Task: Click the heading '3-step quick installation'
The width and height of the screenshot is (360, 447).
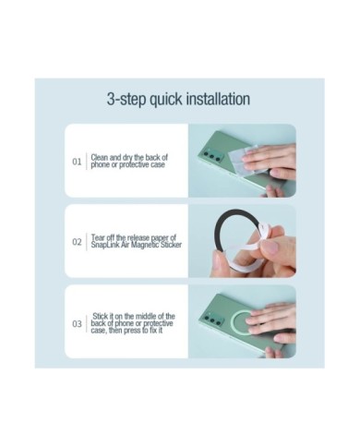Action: click(178, 100)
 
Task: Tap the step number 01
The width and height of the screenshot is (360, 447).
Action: click(77, 162)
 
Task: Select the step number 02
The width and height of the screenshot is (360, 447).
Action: click(77, 242)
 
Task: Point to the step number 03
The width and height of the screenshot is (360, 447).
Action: click(77, 324)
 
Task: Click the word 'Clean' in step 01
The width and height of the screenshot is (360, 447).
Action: click(99, 157)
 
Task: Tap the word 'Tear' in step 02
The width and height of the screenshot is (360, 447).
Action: click(98, 237)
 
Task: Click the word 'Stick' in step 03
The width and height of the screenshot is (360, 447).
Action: click(101, 316)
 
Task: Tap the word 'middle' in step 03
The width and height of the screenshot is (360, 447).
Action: click(146, 316)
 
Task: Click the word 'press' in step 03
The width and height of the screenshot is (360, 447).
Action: click(132, 331)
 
